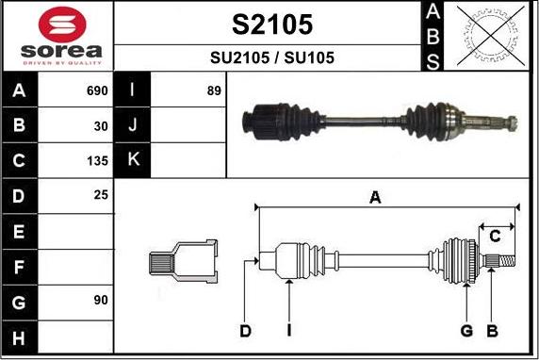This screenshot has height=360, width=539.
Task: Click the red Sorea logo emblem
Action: click(x=62, y=25)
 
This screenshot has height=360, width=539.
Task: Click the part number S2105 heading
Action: click(x=272, y=25)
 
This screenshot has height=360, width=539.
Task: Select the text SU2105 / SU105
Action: click(x=272, y=57)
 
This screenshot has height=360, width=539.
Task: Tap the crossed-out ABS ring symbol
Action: click(x=491, y=36)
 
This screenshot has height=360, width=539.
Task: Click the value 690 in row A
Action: click(x=97, y=90)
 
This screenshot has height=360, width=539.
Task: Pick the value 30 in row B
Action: click(x=101, y=126)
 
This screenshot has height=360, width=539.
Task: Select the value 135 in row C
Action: click(x=98, y=161)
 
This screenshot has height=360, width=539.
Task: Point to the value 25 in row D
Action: click(x=101, y=195)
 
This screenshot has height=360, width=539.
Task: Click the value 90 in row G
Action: click(x=101, y=301)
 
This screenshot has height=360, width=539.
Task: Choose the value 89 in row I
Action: click(x=214, y=90)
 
